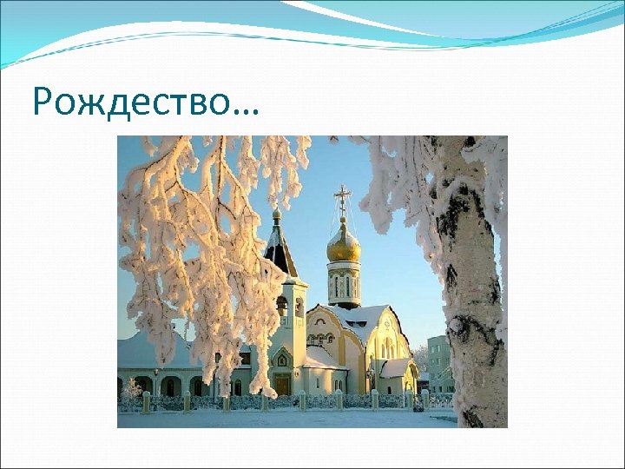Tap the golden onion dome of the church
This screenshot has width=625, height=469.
click(x=344, y=244)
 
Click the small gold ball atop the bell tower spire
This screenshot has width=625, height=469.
click(x=277, y=213)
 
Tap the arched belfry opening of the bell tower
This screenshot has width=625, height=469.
click(x=282, y=306)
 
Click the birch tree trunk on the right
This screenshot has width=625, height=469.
click(x=473, y=287)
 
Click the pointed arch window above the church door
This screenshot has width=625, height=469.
click(x=281, y=359)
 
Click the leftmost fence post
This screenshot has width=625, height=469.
click(x=146, y=402)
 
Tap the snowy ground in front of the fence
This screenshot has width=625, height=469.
click(x=286, y=418)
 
